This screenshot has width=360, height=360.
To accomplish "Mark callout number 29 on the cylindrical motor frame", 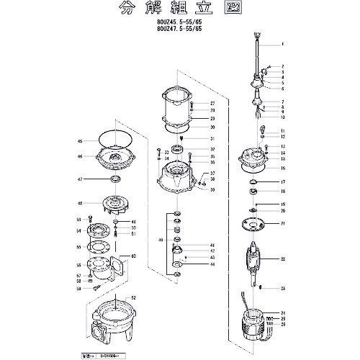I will coord(212,118).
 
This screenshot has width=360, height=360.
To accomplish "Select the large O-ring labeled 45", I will coord(109,140).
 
